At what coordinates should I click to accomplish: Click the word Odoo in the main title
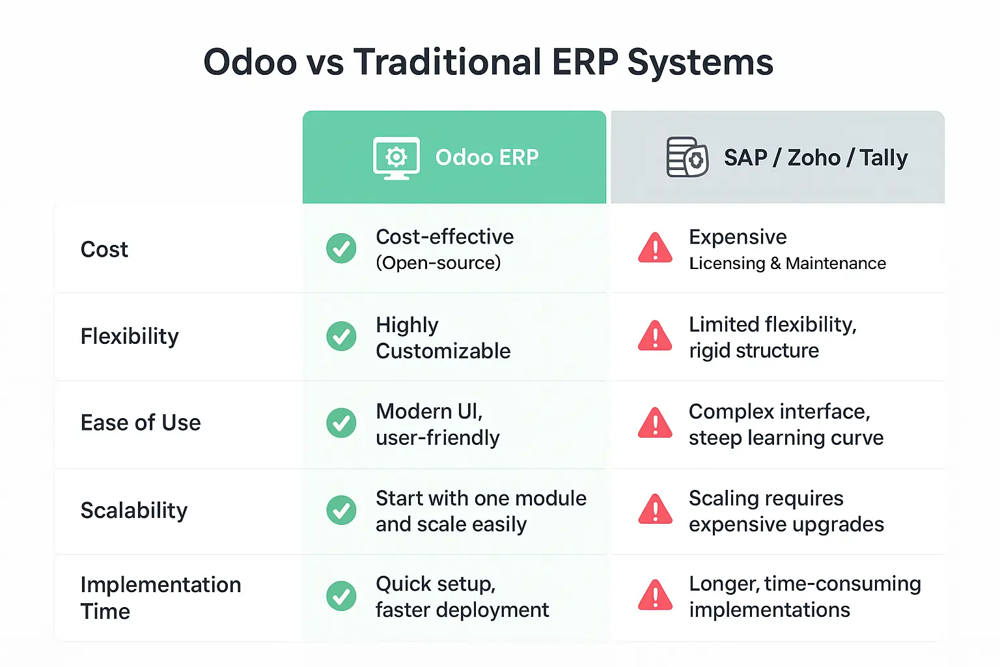point(250,62)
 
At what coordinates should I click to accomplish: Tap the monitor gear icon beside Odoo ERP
point(396,158)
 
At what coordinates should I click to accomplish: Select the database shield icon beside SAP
point(687,157)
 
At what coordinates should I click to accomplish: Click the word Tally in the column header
point(883,158)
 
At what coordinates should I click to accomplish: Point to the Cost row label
point(104,249)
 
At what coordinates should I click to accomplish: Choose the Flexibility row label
point(130,336)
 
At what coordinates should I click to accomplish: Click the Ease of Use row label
point(141,423)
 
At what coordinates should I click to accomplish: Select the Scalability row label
point(134,510)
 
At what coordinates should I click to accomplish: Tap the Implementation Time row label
point(161,598)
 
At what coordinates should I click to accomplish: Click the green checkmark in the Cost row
point(341,248)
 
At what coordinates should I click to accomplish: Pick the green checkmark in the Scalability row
point(341,510)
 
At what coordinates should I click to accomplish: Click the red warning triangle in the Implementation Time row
point(655,595)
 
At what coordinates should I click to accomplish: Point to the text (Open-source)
point(438,263)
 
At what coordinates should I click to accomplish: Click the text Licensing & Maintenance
point(788,264)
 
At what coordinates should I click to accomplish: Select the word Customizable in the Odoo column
point(443,351)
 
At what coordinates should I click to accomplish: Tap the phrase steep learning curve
point(786,438)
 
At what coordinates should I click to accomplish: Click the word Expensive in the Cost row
point(738,237)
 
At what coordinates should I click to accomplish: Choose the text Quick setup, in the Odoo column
point(436,584)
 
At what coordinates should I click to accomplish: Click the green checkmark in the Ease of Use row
point(341,423)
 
